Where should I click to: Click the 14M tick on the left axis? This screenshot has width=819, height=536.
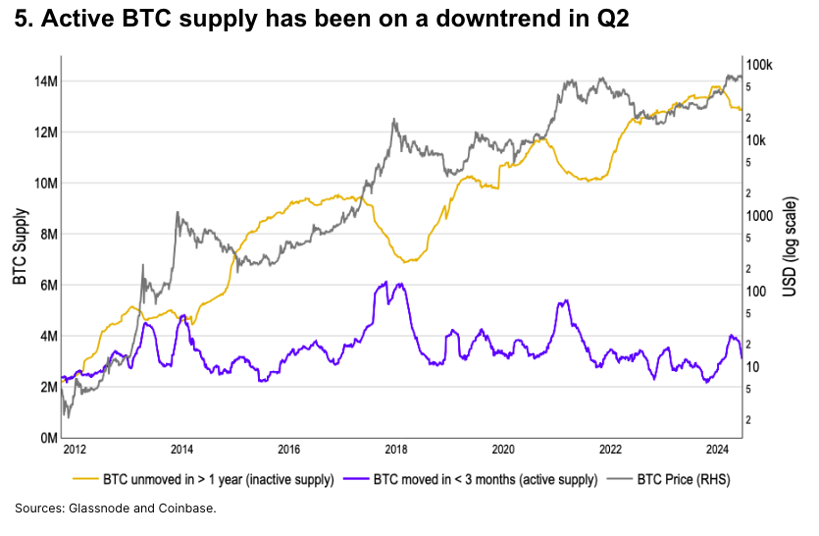point(44,80)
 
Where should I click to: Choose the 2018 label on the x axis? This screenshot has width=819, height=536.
point(396,450)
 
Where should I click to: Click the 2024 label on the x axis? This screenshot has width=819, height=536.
point(718,450)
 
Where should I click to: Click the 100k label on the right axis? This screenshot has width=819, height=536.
point(761,65)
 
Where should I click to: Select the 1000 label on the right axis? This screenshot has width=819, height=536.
point(760,216)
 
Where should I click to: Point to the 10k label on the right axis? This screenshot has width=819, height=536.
point(758,140)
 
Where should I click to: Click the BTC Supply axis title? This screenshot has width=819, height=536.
point(20,247)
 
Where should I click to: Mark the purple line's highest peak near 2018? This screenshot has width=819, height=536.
point(386,282)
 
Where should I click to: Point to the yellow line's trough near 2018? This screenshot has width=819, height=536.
point(405,261)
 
